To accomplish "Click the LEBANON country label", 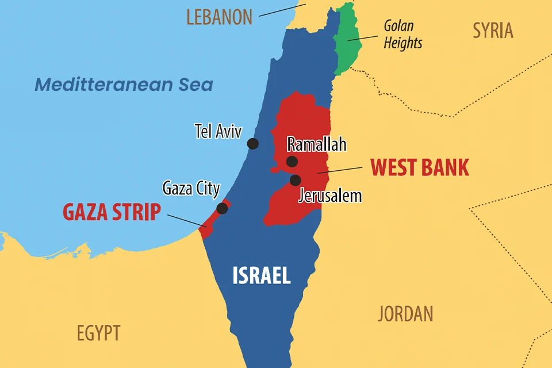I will pos(219,17).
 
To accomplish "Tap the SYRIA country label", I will pos(493,30).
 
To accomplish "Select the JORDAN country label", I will pos(405,314).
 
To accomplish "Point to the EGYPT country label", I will pos(98,333).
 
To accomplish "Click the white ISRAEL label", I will pos(262,276).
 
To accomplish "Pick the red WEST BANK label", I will pos(420,167).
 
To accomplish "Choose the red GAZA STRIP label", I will pos(112,212).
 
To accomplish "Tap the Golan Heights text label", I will pos(402,34).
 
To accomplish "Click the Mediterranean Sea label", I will pos(124,85).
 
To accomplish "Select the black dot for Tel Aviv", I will pos(252,144).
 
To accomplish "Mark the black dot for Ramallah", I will pos(292,162).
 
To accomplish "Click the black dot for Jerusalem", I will pos(296,181).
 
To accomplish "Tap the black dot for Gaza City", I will pos(222,208).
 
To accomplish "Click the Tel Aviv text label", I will pos(218,131).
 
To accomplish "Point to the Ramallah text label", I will pos(317,144).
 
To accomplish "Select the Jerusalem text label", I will pos(330,195).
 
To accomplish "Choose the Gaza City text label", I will pos(191,188).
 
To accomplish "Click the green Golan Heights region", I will pos(347,40).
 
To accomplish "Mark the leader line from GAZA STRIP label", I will pos(185,220).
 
